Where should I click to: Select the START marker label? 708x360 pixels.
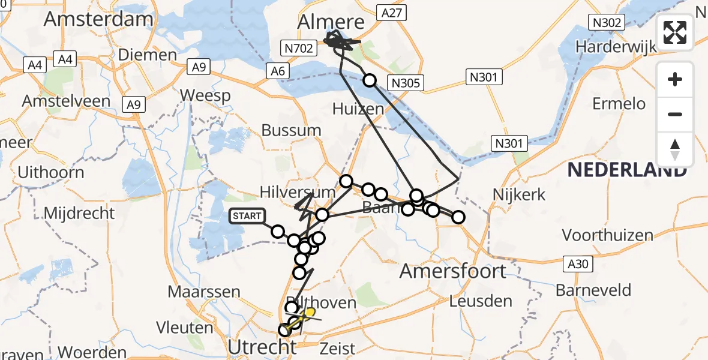[x=247, y=216]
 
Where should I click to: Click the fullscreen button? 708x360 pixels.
[x=675, y=33]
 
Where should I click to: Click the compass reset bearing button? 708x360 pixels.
[x=675, y=149]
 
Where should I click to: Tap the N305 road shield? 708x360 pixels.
[x=406, y=83]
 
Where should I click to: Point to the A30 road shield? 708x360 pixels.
[x=578, y=262]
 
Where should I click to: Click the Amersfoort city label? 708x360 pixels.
[x=453, y=271]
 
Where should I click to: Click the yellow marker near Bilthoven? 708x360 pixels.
[x=310, y=313]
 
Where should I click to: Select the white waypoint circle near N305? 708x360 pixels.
[x=370, y=80]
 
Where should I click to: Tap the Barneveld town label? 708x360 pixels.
[x=593, y=290]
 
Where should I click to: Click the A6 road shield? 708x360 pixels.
[x=278, y=71]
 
